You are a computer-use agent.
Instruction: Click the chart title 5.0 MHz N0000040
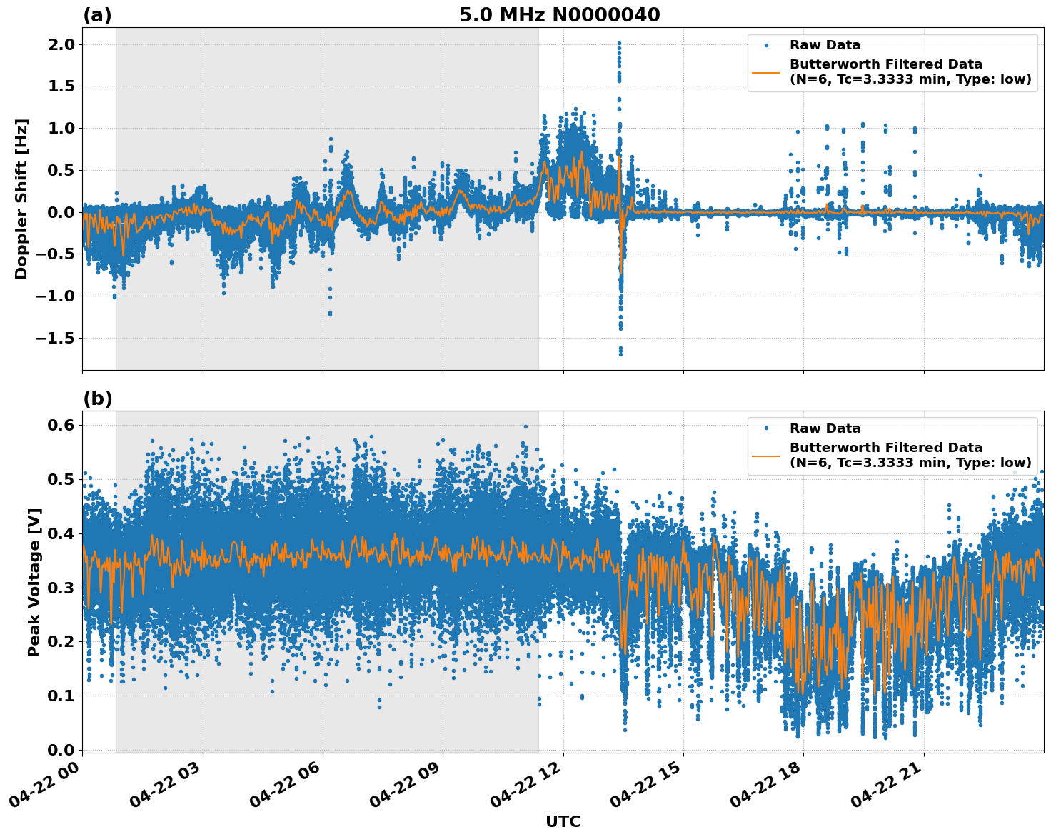pyautogui.click(x=559, y=15)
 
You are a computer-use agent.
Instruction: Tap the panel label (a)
pyautogui.click(x=97, y=15)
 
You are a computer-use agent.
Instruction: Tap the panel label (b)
pyautogui.click(x=97, y=399)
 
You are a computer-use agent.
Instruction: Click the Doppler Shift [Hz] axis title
pyautogui.click(x=21, y=199)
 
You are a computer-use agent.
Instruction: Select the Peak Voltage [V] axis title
pyautogui.click(x=34, y=582)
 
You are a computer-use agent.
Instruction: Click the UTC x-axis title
pyautogui.click(x=563, y=821)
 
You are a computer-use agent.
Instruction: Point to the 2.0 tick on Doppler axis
pyautogui.click(x=61, y=44)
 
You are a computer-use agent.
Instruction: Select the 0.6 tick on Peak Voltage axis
pyautogui.click(x=61, y=425)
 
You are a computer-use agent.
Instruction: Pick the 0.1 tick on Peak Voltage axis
pyautogui.click(x=61, y=696)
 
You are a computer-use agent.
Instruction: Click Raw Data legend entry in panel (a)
pyautogui.click(x=825, y=45)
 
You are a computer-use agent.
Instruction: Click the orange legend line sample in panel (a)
pyautogui.click(x=766, y=72)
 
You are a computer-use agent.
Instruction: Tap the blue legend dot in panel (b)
pyautogui.click(x=766, y=428)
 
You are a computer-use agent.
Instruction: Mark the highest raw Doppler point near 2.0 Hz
pyautogui.click(x=619, y=44)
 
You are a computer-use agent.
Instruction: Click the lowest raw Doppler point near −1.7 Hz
pyautogui.click(x=620, y=354)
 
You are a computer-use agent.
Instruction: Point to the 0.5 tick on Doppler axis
pyautogui.click(x=61, y=170)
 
